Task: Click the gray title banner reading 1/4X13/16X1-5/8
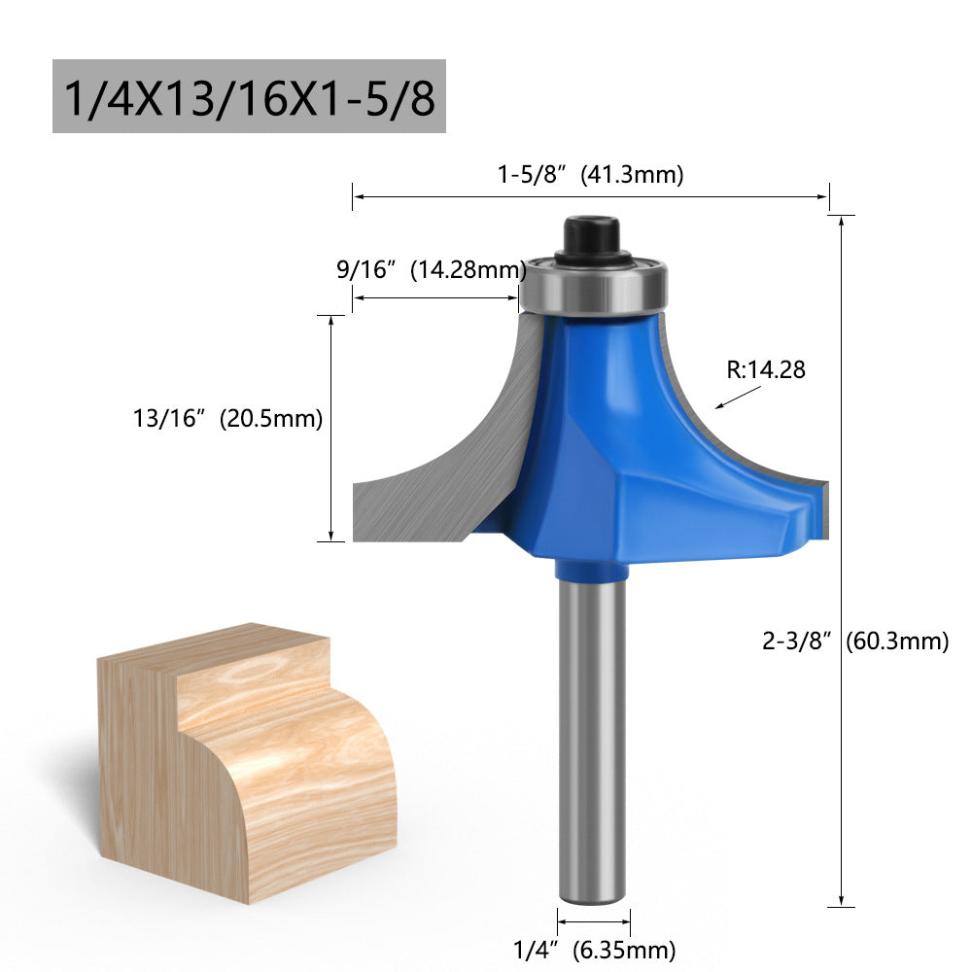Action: click(x=249, y=96)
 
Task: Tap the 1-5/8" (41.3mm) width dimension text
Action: click(x=591, y=175)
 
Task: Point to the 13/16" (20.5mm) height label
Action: click(x=227, y=419)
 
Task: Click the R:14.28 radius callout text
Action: click(x=766, y=369)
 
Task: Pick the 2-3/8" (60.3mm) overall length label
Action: click(x=854, y=641)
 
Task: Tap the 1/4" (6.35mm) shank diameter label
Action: click(x=594, y=950)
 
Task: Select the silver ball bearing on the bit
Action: click(x=593, y=285)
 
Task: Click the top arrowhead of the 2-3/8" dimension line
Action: click(x=841, y=222)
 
